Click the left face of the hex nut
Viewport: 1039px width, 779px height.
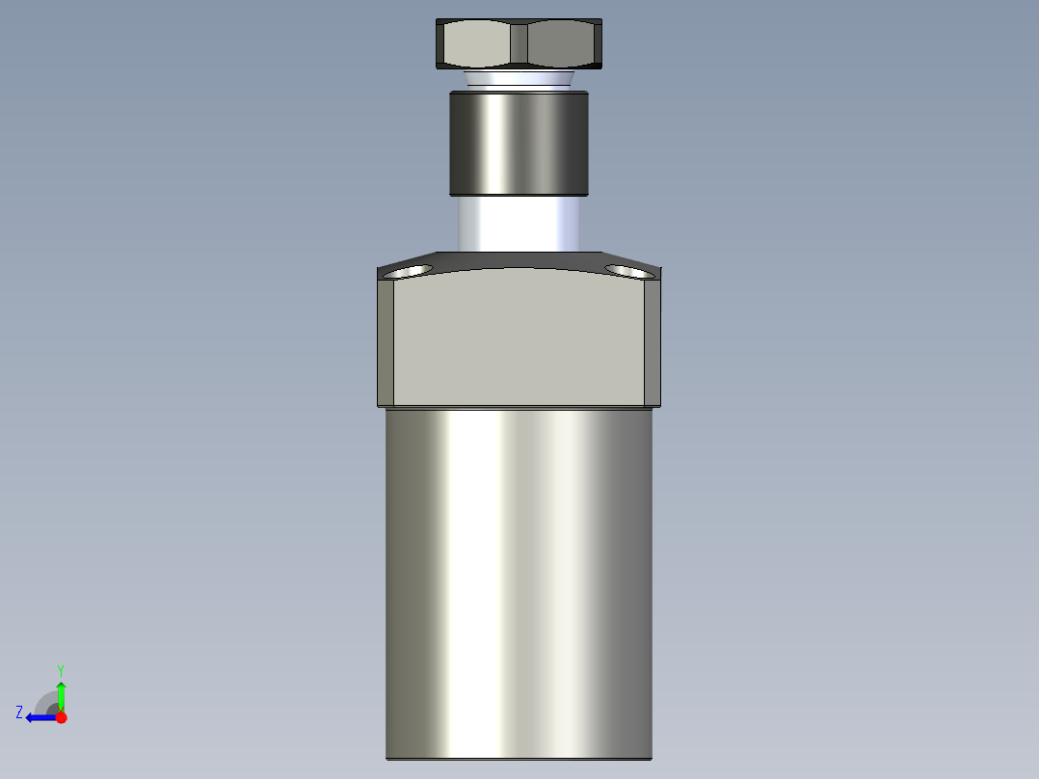pyautogui.click(x=474, y=42)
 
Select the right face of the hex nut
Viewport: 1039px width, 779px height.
pyautogui.click(x=564, y=42)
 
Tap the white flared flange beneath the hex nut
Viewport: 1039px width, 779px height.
pyautogui.click(x=519, y=78)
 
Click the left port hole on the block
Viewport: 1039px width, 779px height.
pyautogui.click(x=408, y=271)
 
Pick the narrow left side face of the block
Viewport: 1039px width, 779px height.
pyautogui.click(x=385, y=342)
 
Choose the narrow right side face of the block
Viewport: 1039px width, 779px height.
pyautogui.click(x=653, y=342)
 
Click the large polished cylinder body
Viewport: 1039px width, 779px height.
pyautogui.click(x=519, y=578)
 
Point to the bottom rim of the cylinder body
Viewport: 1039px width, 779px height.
pyautogui.click(x=519, y=758)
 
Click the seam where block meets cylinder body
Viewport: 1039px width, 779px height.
pyautogui.click(x=519, y=407)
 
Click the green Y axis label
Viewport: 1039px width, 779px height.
pyautogui.click(x=60, y=669)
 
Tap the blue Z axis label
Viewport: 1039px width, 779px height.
pyautogui.click(x=19, y=712)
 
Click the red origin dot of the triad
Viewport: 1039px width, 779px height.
pyautogui.click(x=61, y=717)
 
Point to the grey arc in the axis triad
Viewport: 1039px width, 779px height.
pyautogui.click(x=45, y=701)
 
